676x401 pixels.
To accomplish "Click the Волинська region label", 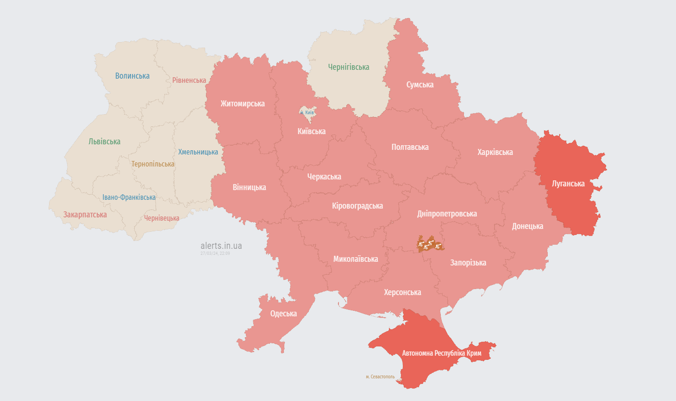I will [x=132, y=76].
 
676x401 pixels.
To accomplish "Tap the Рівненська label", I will [x=189, y=80].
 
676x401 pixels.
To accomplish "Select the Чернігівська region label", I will [x=349, y=67].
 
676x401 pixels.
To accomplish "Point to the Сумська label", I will [x=420, y=85].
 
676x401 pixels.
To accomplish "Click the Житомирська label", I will [x=243, y=104].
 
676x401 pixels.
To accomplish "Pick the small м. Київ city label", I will [x=307, y=112].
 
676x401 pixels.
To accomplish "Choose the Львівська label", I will [x=105, y=142].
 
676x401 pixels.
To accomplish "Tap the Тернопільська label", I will [x=153, y=164].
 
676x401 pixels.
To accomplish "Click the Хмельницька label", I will [x=198, y=152].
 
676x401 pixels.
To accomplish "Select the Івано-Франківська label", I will [x=129, y=197].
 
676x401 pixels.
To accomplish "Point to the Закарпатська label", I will [x=85, y=215].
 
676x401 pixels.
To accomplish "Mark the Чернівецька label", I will [x=162, y=218].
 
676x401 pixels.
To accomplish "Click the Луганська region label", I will [x=568, y=184].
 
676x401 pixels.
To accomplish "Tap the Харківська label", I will [x=495, y=152].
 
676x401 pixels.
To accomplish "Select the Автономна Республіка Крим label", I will [x=442, y=353].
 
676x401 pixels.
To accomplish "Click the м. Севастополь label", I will [x=380, y=377].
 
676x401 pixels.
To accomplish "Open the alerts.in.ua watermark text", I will [x=221, y=246].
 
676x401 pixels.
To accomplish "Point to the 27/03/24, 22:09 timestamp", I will [x=215, y=253].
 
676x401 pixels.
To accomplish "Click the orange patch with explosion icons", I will [x=430, y=245].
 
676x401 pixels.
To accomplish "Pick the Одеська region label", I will [x=283, y=314].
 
